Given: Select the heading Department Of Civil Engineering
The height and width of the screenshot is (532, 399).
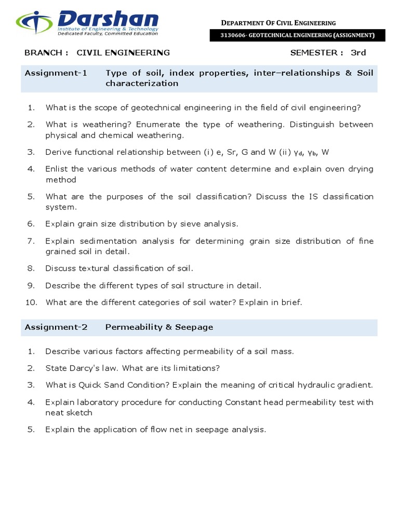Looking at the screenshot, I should click(278, 23).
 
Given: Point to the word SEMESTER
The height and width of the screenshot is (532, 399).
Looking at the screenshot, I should click(316, 52).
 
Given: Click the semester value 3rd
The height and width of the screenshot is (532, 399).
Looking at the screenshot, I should click(358, 52).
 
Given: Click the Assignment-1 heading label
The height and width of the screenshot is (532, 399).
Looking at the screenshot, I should click(56, 73).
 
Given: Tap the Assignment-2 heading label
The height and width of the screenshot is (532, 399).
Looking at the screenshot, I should click(56, 327).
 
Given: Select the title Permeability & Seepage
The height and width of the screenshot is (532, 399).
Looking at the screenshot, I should click(159, 327).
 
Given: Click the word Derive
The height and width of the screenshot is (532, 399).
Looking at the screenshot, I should click(58, 152).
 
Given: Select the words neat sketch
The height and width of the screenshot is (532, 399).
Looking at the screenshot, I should click(69, 413).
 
